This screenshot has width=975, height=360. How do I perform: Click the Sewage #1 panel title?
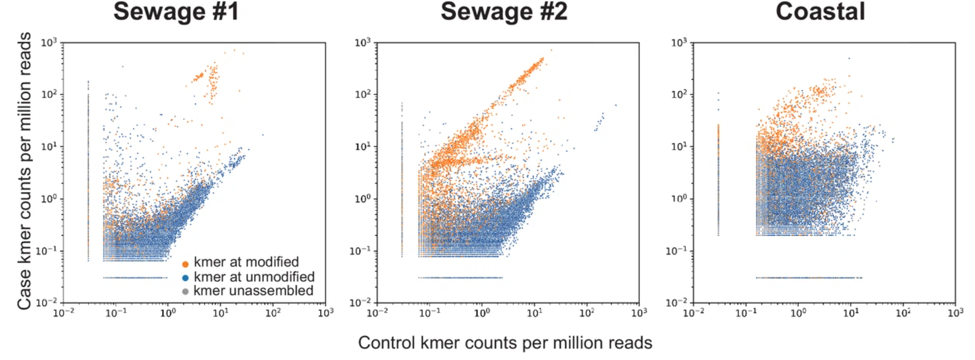point(176,12)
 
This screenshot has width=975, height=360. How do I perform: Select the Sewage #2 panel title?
point(504,12)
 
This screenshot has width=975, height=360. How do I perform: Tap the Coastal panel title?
point(820,12)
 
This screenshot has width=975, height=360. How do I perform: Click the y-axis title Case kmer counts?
point(24,170)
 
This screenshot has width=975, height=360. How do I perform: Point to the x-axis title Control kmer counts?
point(505,342)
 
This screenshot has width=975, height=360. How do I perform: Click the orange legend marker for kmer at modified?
point(185,264)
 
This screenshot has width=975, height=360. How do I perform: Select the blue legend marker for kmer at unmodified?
point(185,278)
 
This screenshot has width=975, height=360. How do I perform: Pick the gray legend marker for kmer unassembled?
point(185,291)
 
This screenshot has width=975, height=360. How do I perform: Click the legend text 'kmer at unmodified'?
point(254,277)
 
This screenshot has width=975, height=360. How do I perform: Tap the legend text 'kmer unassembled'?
point(253,291)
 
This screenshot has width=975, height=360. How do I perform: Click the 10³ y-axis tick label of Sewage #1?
point(49,43)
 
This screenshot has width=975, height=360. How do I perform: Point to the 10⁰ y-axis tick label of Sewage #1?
point(49,199)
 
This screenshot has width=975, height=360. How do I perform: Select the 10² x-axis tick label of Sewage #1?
point(273,313)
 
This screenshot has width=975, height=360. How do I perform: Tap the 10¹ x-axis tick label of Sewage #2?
point(535,313)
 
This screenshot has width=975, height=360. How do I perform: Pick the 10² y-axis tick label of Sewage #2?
point(363,95)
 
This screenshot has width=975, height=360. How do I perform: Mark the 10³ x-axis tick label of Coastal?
point(955,313)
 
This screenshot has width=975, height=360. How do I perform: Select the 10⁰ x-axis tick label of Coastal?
point(798,313)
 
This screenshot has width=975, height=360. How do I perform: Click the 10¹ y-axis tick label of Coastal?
point(679,147)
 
